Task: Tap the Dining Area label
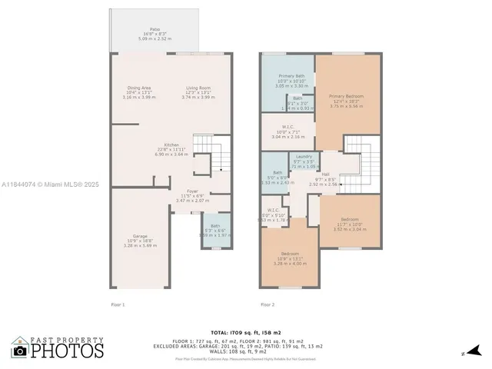[x=138, y=88]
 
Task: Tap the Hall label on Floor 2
[x=325, y=175]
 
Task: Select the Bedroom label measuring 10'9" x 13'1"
[x=289, y=254]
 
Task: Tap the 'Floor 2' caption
[x=268, y=304]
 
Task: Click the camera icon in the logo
[x=20, y=351]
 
